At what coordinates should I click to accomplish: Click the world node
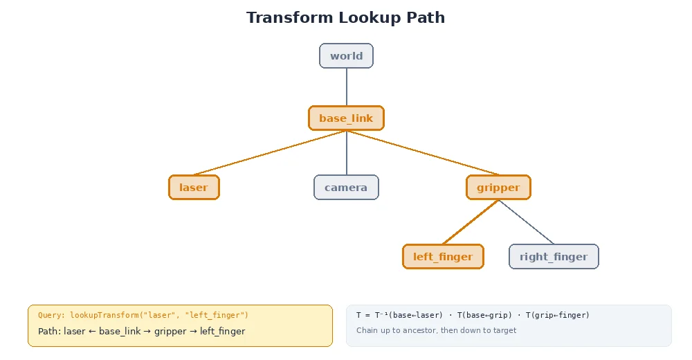pyautogui.click(x=346, y=56)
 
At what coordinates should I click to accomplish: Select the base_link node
pyautogui.click(x=346, y=118)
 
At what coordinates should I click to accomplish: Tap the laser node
pyautogui.click(x=194, y=188)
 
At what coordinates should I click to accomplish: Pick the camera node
pyautogui.click(x=346, y=188)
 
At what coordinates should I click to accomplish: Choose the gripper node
pyautogui.click(x=498, y=188)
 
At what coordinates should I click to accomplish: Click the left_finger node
pyautogui.click(x=443, y=257)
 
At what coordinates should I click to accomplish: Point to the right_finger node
pyautogui.click(x=554, y=257)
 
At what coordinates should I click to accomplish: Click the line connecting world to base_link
pyautogui.click(x=346, y=87)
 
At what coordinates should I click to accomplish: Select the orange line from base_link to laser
pyautogui.click(x=270, y=153)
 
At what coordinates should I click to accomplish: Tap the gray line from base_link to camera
pyautogui.click(x=346, y=153)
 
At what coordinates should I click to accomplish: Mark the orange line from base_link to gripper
pyautogui.click(x=422, y=153)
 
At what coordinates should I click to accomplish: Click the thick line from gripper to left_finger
pyautogui.click(x=471, y=222)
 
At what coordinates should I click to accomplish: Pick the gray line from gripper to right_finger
pyautogui.click(x=526, y=222)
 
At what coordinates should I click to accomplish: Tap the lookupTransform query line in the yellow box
pyautogui.click(x=143, y=315)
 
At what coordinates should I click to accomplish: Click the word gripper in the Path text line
pyautogui.click(x=170, y=332)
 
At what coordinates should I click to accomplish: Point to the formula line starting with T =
pyautogui.click(x=473, y=315)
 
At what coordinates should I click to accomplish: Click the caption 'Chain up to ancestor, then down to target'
pyautogui.click(x=436, y=330)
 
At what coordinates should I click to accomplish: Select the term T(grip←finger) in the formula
pyautogui.click(x=558, y=315)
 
